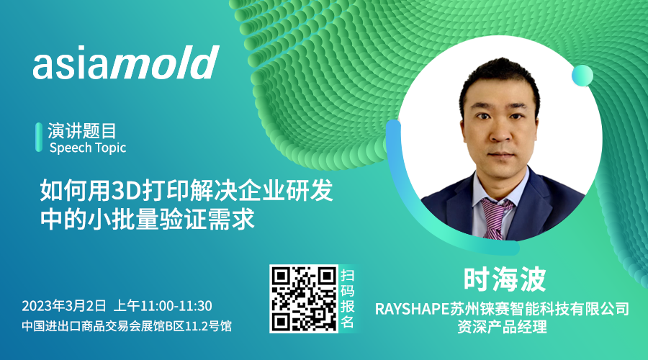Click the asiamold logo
(126, 63)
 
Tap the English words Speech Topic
(88, 148)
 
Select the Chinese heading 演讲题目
(82, 131)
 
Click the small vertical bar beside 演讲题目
(39, 138)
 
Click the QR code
(304, 299)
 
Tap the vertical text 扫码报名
(347, 298)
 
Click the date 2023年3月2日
(64, 306)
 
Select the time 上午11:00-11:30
(163, 306)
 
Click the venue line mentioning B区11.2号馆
(127, 326)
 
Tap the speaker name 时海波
(505, 279)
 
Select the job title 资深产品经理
(502, 327)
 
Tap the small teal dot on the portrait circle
(582, 76)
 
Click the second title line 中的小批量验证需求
(147, 220)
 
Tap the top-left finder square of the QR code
(281, 276)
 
